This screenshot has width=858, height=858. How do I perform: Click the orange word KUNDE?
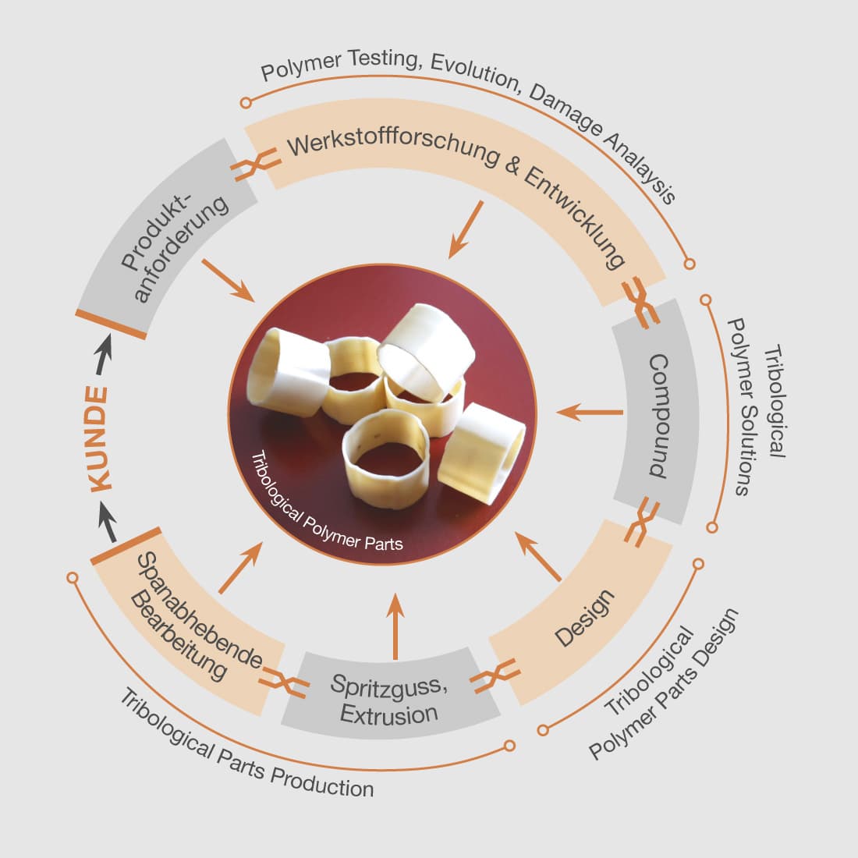[98, 439]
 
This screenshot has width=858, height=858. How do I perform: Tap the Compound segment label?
[659, 416]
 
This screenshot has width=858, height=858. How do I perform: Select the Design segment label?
[584, 619]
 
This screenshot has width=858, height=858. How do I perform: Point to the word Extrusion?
[389, 714]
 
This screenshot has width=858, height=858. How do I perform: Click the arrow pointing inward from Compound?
[590, 412]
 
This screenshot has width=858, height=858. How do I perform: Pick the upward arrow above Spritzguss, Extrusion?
[395, 626]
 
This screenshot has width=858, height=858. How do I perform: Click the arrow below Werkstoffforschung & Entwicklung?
[466, 230]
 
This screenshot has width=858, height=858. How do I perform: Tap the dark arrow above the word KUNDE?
[104, 355]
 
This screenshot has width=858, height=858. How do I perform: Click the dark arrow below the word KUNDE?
[108, 523]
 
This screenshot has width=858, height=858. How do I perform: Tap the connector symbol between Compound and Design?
[642, 522]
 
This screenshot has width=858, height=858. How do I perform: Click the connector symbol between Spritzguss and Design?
[495, 676]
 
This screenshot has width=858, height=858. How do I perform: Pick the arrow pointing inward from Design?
[538, 556]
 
